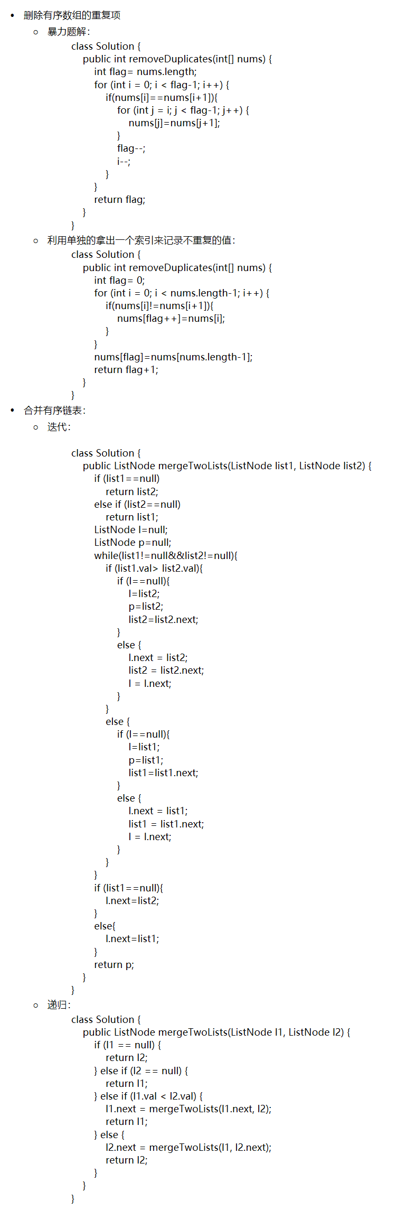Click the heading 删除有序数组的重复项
pos(72,15)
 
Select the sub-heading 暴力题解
pos(68,32)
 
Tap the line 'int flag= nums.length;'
pos(145,72)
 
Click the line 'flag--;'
pos(131,148)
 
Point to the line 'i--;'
pos(124,161)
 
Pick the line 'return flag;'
pos(119,200)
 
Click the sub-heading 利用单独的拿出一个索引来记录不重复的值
pos(141,240)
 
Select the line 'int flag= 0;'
pos(119,281)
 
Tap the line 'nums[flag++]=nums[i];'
pos(171,319)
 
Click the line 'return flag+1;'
pos(126,370)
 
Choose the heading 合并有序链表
pos(54,411)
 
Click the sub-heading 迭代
pos(59,427)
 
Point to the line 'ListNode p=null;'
pos(133,543)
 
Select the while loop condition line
pos(166,555)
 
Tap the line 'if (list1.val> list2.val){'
pos(154,569)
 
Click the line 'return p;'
pos(114,965)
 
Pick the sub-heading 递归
pos(59,1005)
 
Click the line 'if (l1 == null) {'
pos(128,1045)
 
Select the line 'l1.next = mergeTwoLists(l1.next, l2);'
pos(188,1109)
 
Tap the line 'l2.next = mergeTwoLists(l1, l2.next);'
pos(188,1148)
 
